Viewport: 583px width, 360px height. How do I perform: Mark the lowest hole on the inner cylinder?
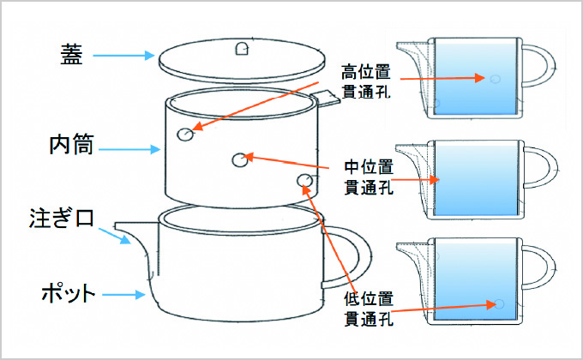pyautogui.click(x=304, y=179)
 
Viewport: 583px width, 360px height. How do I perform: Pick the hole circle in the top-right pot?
pyautogui.click(x=494, y=79)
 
